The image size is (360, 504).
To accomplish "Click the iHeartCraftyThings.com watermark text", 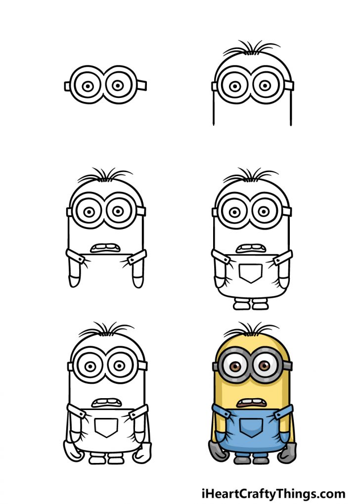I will [273, 493].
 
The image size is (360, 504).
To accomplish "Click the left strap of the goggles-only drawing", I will [67, 87].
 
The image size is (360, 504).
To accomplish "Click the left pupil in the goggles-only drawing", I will [88, 86].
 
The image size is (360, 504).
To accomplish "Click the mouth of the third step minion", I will [105, 248].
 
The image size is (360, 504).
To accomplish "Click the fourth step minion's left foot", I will [241, 305].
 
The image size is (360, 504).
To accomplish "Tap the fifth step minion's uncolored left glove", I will [70, 451].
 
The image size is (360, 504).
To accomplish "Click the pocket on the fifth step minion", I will [106, 427].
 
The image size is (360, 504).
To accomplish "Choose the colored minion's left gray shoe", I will [241, 460].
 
